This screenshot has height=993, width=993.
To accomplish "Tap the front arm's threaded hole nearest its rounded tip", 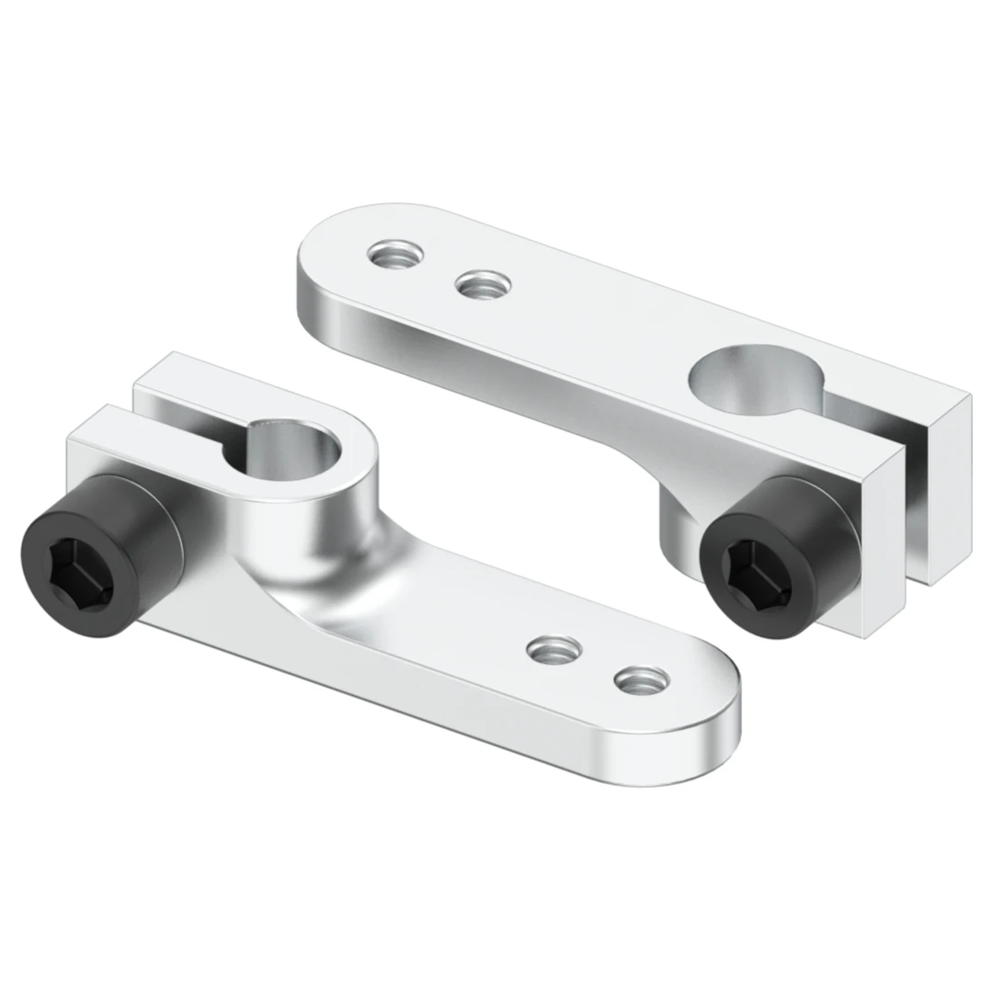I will point(641,681).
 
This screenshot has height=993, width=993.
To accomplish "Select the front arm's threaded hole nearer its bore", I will point(554,649).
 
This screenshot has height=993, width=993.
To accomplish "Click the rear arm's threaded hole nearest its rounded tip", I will point(395,252).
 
